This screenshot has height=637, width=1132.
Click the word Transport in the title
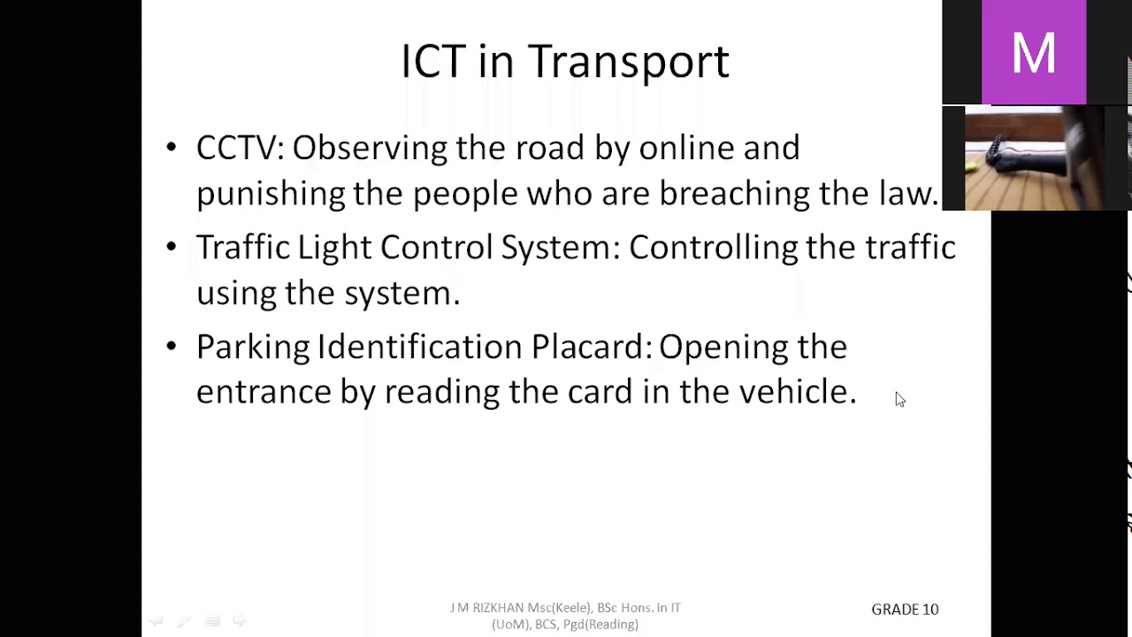(628, 62)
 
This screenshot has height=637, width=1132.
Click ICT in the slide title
(432, 62)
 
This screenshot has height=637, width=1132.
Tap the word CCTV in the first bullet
(236, 148)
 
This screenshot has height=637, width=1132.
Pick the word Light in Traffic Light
(333, 248)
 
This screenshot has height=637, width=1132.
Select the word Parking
(252, 347)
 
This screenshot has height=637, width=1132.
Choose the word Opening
(723, 347)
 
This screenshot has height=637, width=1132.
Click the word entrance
(263, 392)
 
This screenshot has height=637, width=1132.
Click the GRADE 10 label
(905, 610)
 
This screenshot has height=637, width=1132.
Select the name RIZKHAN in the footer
(498, 608)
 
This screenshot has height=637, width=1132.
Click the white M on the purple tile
(1033, 53)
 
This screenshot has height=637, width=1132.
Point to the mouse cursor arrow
(899, 398)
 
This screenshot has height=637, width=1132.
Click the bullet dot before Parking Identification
(172, 347)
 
